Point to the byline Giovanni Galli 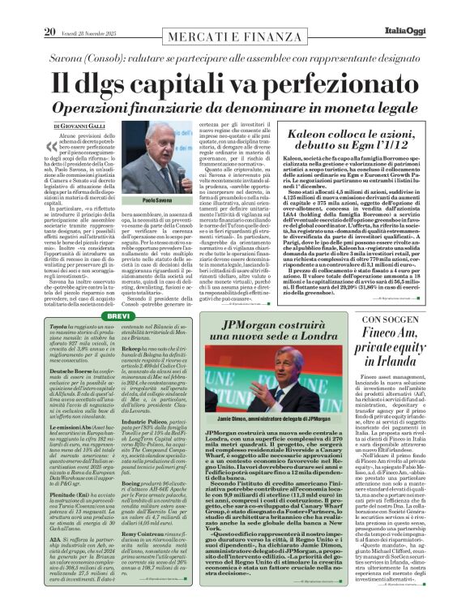click(83, 127)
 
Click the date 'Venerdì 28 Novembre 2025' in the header click(77, 11)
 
